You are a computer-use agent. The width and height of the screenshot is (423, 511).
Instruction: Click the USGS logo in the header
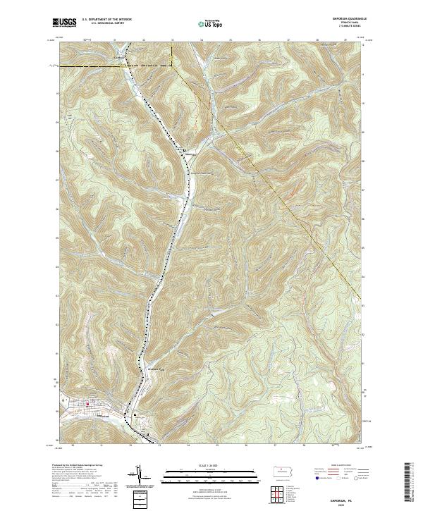pos(64,23)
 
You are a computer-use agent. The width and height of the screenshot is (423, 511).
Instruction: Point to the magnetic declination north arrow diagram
pos(140,476)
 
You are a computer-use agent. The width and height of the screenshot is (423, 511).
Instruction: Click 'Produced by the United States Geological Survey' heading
pos(79,466)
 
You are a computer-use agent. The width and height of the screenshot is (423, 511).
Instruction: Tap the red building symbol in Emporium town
pos(87,404)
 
